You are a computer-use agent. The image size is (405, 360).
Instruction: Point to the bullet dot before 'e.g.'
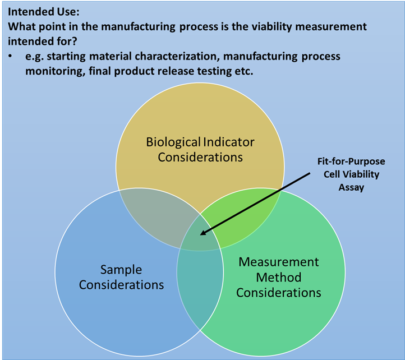click(x=11, y=57)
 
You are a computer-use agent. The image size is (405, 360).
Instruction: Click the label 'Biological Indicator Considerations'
click(x=200, y=149)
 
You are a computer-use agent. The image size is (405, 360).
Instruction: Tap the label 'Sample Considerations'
click(x=121, y=277)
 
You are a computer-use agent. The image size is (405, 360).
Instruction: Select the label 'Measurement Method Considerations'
click(x=279, y=277)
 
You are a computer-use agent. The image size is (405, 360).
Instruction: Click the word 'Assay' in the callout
click(x=351, y=187)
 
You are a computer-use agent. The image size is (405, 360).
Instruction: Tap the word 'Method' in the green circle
click(x=279, y=277)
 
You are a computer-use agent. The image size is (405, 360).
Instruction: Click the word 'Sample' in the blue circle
click(x=121, y=270)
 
